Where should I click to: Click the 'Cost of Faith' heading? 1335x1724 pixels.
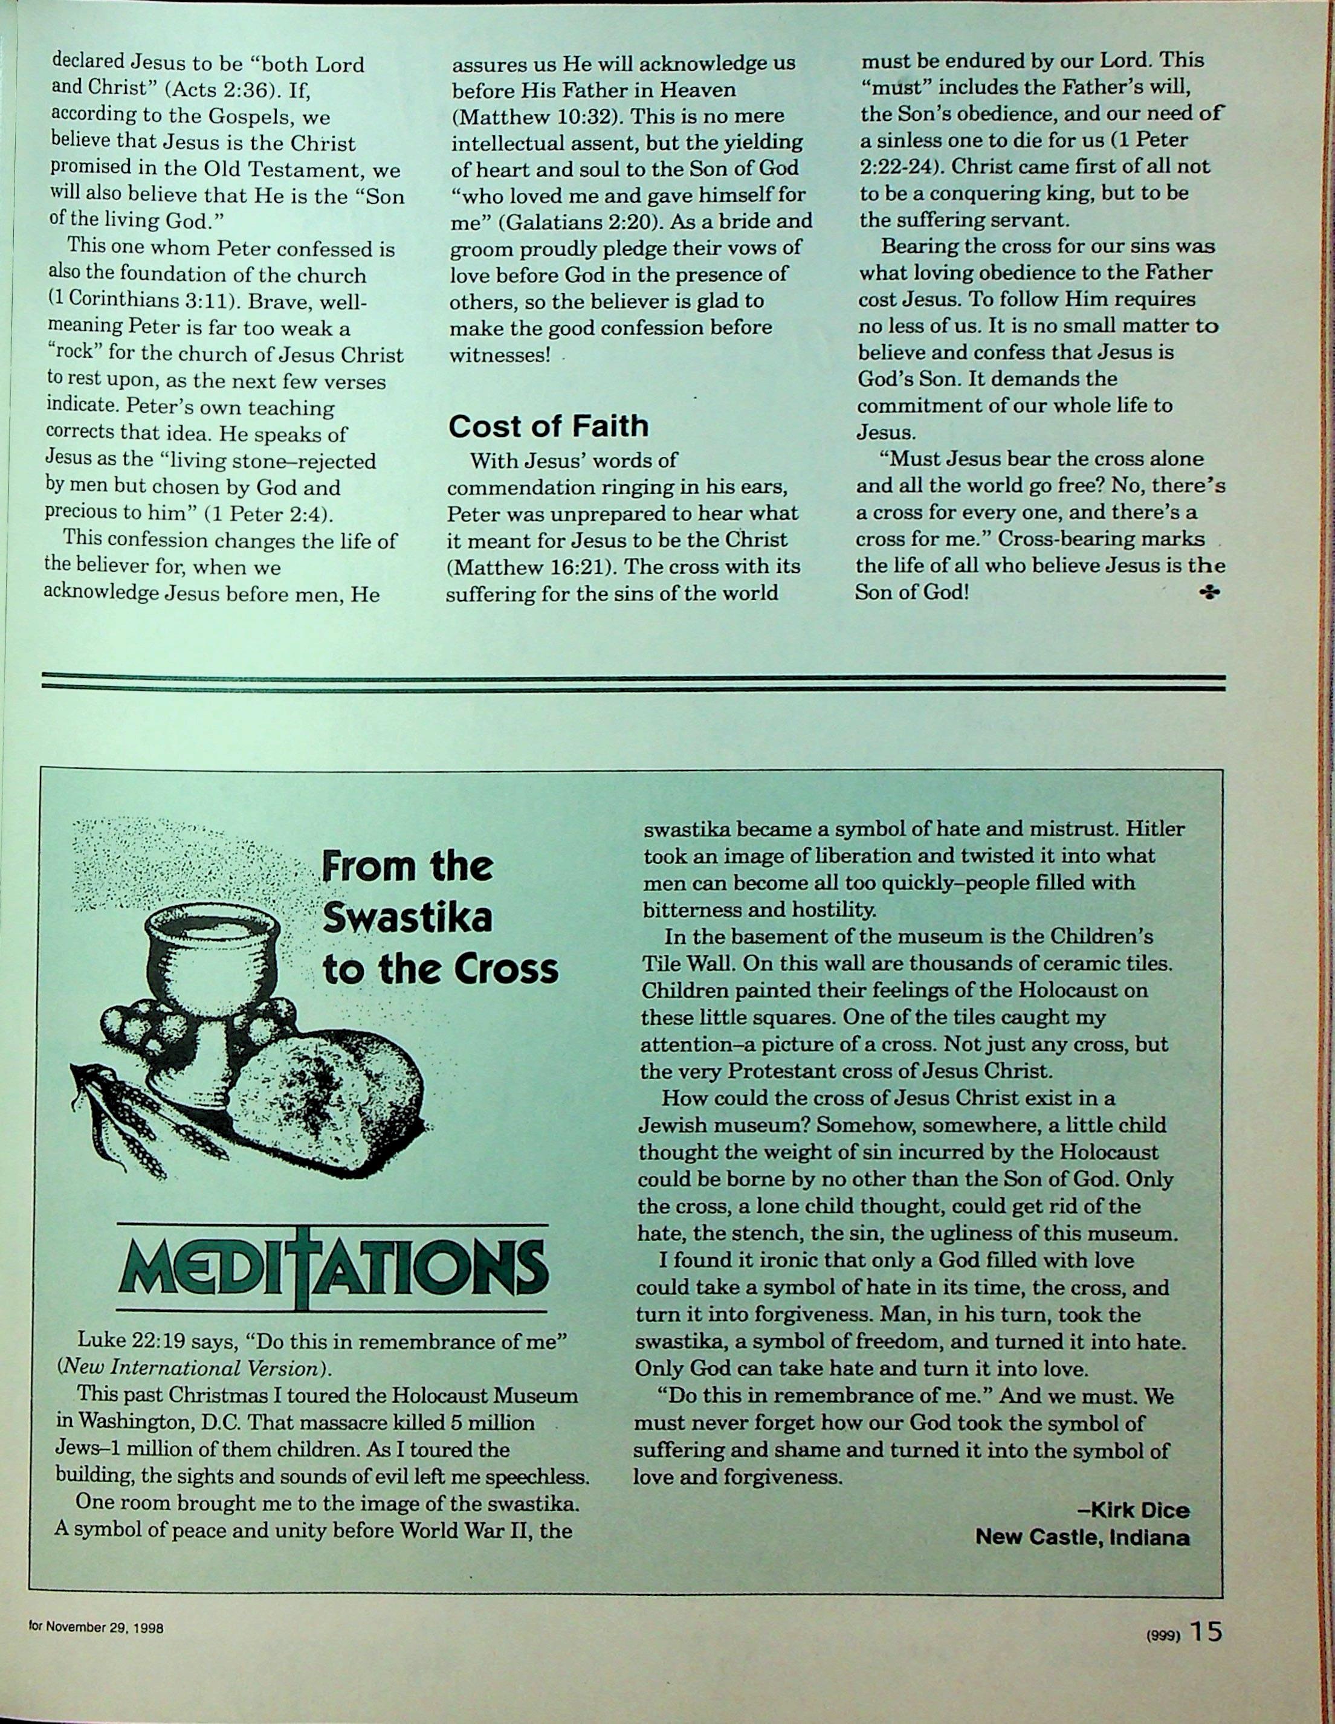point(548,426)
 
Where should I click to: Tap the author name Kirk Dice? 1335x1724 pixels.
point(1137,1511)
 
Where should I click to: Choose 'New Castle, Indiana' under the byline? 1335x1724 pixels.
point(1082,1538)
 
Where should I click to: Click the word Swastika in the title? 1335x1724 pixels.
point(407,917)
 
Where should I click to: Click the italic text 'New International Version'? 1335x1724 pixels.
point(190,1368)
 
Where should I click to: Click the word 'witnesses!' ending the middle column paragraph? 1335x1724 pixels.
point(499,355)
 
